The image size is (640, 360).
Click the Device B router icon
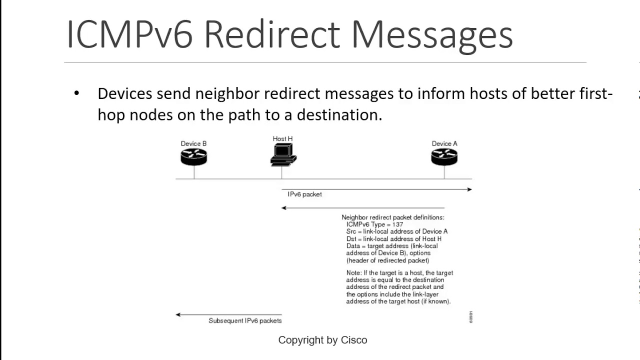pos(193,157)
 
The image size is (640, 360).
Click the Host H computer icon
pos(283,154)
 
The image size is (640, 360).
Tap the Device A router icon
pos(444,157)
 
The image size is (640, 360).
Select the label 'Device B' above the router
pos(193,143)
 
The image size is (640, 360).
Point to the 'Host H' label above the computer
pos(282,138)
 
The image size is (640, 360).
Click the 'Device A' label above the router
pos(444,143)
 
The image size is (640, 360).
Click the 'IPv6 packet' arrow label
pos(304,194)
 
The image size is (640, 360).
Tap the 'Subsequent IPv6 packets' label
pos(245,320)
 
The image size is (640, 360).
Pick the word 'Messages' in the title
pos(432,35)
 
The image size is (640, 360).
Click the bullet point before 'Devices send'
pos(76,93)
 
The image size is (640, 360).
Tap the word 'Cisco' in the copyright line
pos(354,340)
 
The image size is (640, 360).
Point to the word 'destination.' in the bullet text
pos(339,115)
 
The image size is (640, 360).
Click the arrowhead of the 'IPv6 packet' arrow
pos(469,189)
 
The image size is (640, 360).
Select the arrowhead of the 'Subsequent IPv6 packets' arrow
pos(178,314)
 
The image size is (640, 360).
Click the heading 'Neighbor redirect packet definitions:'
pos(392,217)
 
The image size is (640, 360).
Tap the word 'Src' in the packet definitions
pos(351,231)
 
